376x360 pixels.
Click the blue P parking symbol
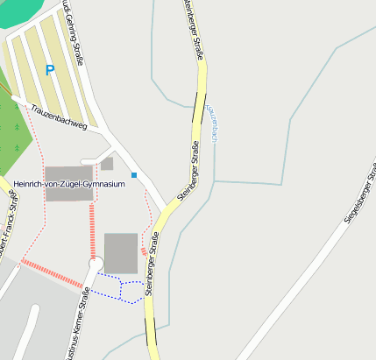tap(50, 70)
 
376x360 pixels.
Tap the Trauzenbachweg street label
tap(59, 118)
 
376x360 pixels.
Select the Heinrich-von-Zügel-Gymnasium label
tap(69, 184)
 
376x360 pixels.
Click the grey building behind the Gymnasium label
tap(68, 194)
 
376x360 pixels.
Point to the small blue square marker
tap(134, 175)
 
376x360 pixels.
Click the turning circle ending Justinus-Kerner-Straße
tap(96, 264)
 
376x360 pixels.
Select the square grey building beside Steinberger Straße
tap(121, 252)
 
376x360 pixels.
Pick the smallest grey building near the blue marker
tap(107, 164)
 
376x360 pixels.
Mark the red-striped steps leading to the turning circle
tap(92, 230)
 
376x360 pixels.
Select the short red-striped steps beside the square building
tap(144, 252)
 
